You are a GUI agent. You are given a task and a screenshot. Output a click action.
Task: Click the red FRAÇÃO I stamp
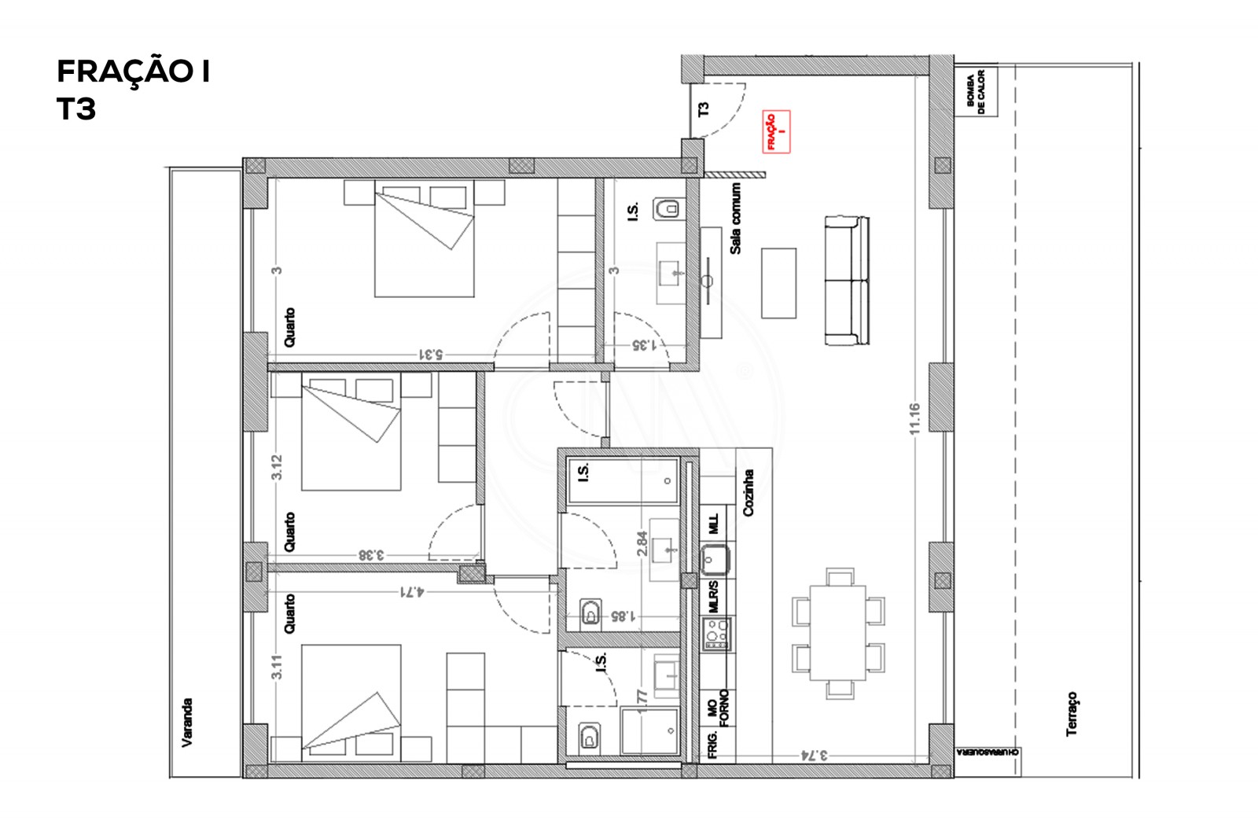pos(775,131)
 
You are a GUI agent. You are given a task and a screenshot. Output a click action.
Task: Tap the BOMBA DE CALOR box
pos(976,91)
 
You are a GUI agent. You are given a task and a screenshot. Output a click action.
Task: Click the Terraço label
pos(1072,714)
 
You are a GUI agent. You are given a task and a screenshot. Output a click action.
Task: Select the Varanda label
pos(187,722)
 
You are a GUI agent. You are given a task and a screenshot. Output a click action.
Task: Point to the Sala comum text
pos(736,219)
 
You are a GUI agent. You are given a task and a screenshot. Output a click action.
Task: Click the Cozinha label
pos(748,493)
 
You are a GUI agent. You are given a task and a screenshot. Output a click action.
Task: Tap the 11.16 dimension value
pos(914,418)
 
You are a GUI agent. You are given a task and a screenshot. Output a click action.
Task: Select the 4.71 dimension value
pos(411,590)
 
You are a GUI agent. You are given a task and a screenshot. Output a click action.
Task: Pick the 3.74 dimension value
pos(814,755)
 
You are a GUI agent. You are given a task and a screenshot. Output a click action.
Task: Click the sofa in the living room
pos(847,281)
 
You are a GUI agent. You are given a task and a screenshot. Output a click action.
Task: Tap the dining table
pos(838,633)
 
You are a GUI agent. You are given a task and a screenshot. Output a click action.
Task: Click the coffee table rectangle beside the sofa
pos(778,283)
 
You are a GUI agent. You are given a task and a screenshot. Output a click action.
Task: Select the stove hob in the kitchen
pos(716,633)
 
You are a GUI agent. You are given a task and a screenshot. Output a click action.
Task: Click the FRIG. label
pos(713,744)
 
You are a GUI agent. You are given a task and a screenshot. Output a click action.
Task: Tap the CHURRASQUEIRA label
pos(988,752)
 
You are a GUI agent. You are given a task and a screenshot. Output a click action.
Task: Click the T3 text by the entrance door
pos(704,109)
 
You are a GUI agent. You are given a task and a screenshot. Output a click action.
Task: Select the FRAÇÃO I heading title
pos(133,72)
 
